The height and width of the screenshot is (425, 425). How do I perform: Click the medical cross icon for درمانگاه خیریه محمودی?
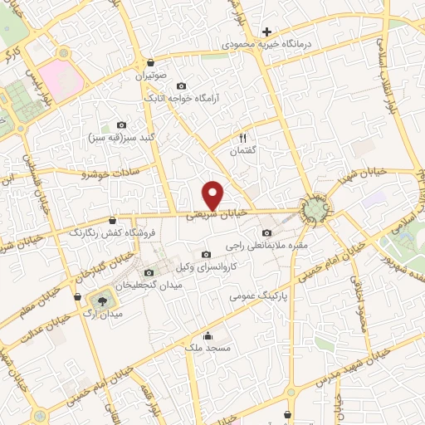coord(266,32)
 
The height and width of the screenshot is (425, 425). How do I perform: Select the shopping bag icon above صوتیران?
coord(149,62)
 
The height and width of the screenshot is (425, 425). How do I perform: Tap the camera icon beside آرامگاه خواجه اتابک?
coord(181,85)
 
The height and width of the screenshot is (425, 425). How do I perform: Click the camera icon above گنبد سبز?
coord(122,125)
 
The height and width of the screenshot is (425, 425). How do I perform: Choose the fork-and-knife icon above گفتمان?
coord(243,138)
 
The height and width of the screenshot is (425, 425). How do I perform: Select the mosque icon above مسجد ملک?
coord(207,337)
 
